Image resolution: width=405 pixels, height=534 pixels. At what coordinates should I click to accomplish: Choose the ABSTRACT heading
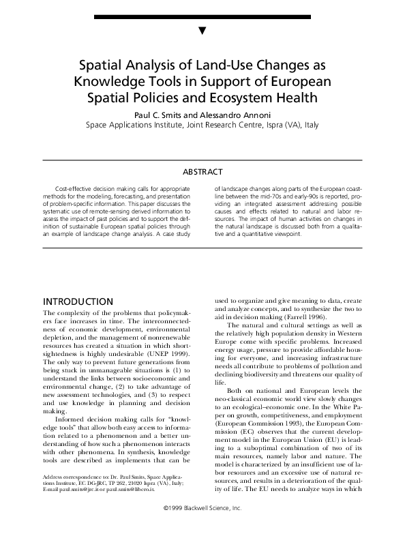202,172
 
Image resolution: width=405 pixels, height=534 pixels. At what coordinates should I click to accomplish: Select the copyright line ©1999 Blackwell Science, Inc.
202,527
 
